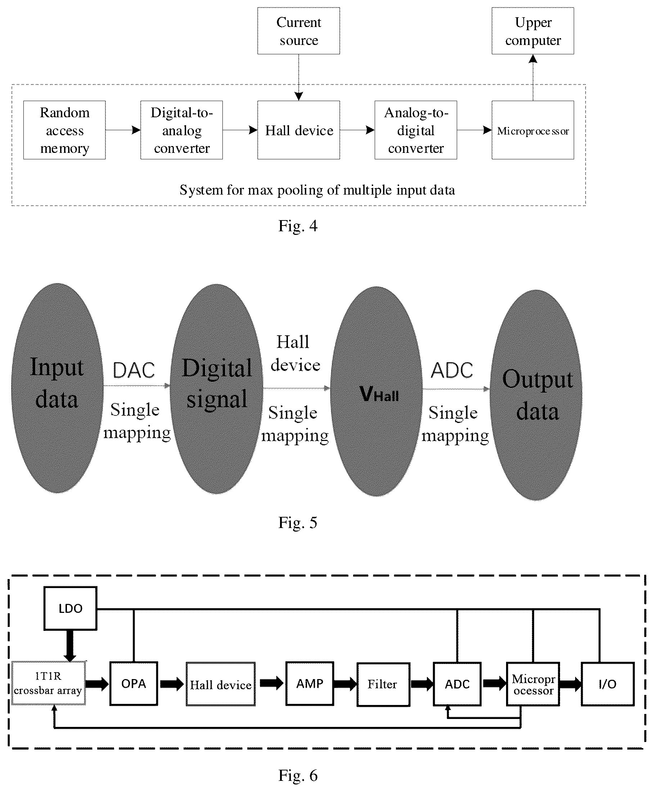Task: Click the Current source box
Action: (298, 31)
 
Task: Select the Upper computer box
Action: (533, 31)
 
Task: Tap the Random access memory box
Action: (64, 130)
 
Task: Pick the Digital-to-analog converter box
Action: (181, 130)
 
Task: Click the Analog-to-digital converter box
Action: (416, 130)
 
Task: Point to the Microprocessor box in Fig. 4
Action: (533, 130)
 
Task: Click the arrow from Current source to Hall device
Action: (299, 78)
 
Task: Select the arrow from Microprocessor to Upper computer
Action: (533, 78)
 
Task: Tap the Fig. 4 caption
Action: (298, 226)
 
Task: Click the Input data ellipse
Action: (57, 388)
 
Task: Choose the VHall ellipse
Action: (376, 391)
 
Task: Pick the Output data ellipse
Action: (536, 395)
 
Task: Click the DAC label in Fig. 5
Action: (134, 370)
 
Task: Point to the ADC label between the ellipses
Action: (452, 370)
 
